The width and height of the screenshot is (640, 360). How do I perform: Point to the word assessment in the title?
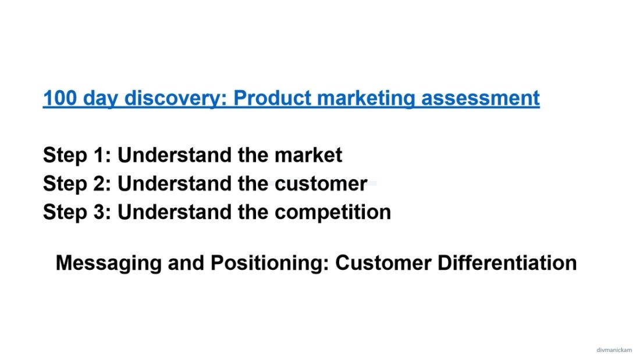[480, 98]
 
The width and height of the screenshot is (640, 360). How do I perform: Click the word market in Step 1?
[308, 155]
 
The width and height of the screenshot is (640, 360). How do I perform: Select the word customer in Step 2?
[321, 184]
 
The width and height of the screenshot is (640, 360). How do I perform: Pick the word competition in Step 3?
[332, 212]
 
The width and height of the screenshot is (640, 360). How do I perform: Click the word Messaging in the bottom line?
[109, 263]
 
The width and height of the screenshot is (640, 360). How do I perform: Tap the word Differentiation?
[507, 263]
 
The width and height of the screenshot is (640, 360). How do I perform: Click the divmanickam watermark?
[614, 350]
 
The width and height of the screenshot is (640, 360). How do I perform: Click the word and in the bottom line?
[186, 263]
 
